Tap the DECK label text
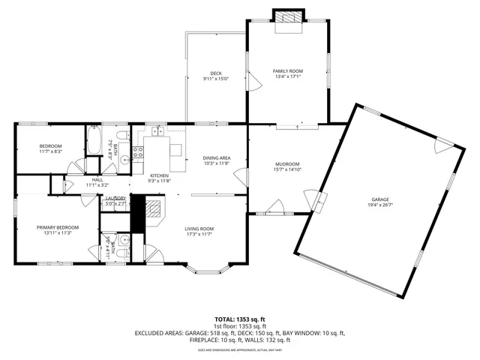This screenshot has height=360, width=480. [x=215, y=73]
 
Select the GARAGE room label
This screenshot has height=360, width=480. [x=379, y=199]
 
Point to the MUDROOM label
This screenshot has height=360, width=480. [x=287, y=163]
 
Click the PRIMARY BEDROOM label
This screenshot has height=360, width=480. [x=57, y=227]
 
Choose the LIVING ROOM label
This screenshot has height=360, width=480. [x=200, y=229]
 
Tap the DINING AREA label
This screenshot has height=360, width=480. [x=216, y=157]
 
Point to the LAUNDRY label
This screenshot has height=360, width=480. [x=115, y=199]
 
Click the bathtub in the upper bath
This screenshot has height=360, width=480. [x=94, y=140]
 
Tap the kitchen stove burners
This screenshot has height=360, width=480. [x=138, y=154]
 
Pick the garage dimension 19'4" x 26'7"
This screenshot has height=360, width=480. [x=379, y=205]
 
